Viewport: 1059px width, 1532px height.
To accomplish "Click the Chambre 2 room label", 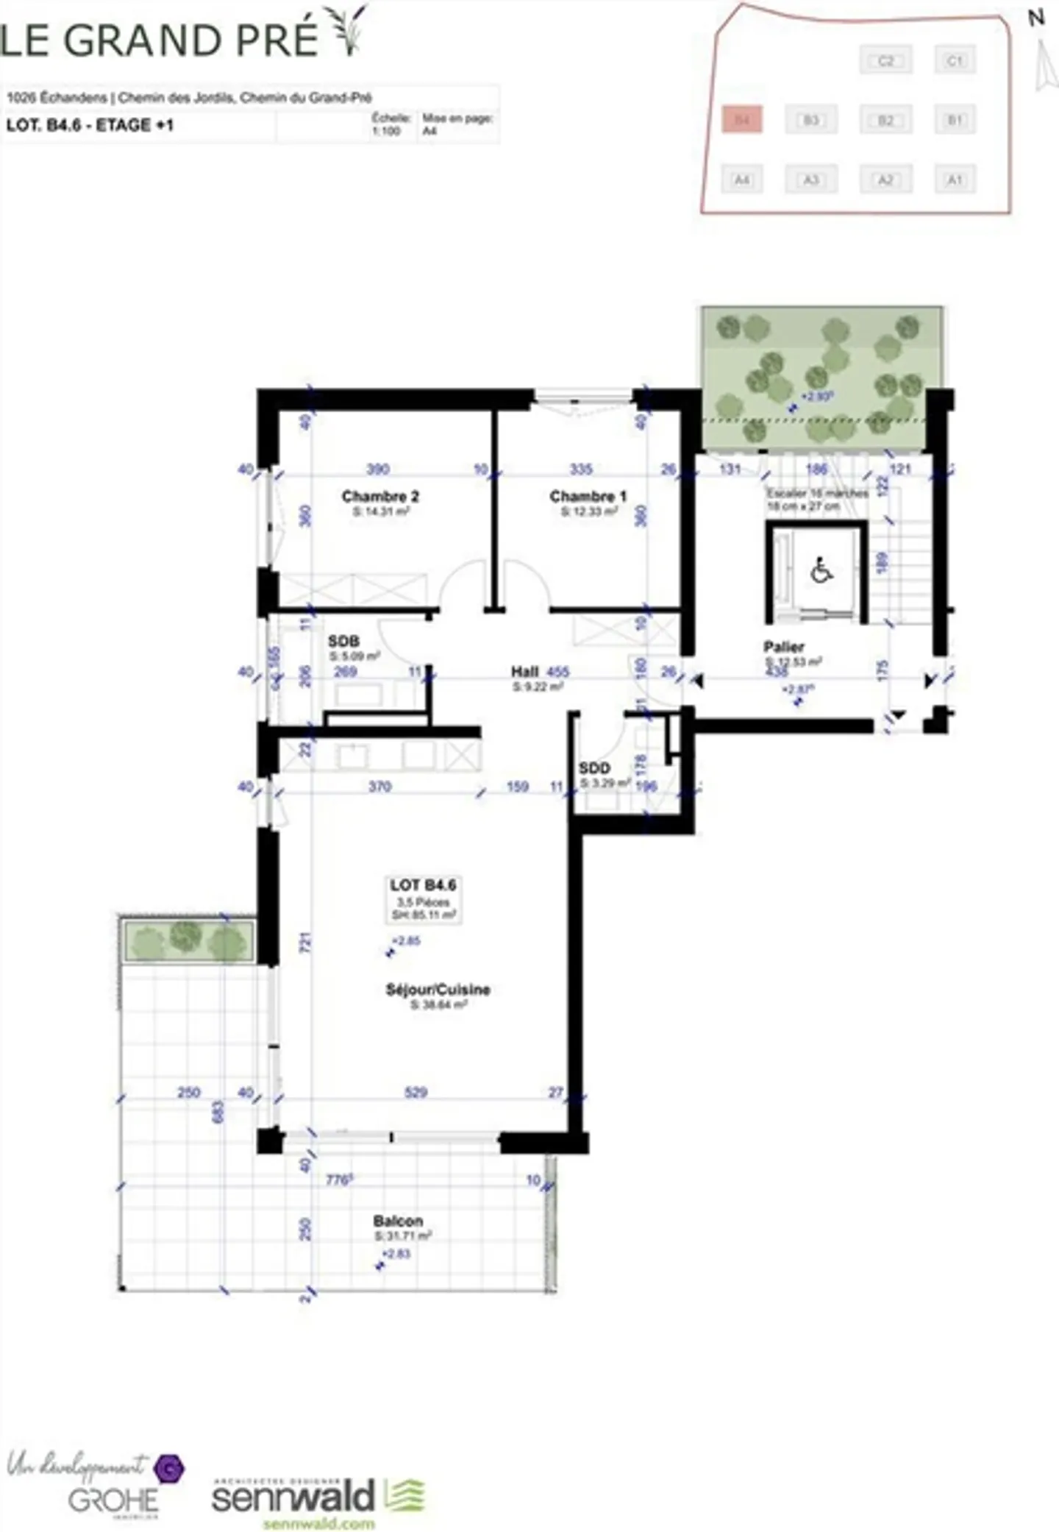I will tap(380, 497).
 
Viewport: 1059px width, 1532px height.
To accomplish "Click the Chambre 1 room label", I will tap(588, 497).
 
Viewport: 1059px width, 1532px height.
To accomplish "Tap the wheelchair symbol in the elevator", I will tap(821, 571).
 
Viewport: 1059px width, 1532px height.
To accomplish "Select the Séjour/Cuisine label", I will tap(438, 990).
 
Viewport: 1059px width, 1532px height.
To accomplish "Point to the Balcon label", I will tap(398, 1221).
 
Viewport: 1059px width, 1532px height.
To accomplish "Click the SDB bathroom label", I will tap(343, 642).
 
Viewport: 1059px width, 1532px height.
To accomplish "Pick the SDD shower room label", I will tap(594, 768).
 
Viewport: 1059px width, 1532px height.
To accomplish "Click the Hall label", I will tap(525, 672).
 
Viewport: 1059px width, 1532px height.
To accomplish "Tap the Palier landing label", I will tap(783, 648).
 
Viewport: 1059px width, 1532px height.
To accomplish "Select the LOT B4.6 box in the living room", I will tap(424, 898).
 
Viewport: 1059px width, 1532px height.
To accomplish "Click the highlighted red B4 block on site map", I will tap(742, 118).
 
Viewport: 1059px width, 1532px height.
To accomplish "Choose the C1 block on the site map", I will tap(955, 60).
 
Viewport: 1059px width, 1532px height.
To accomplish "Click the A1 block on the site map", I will tap(955, 179).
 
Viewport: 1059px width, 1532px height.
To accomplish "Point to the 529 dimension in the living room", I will tap(416, 1093).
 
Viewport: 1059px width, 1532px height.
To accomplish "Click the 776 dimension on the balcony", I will tap(339, 1180).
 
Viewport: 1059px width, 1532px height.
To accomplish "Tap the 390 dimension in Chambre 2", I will tap(378, 469).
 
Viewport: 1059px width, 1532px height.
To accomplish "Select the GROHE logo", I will tap(113, 1500).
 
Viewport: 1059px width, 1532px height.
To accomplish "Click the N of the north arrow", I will tap(1035, 18).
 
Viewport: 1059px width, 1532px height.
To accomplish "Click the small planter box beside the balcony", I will tap(189, 940).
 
